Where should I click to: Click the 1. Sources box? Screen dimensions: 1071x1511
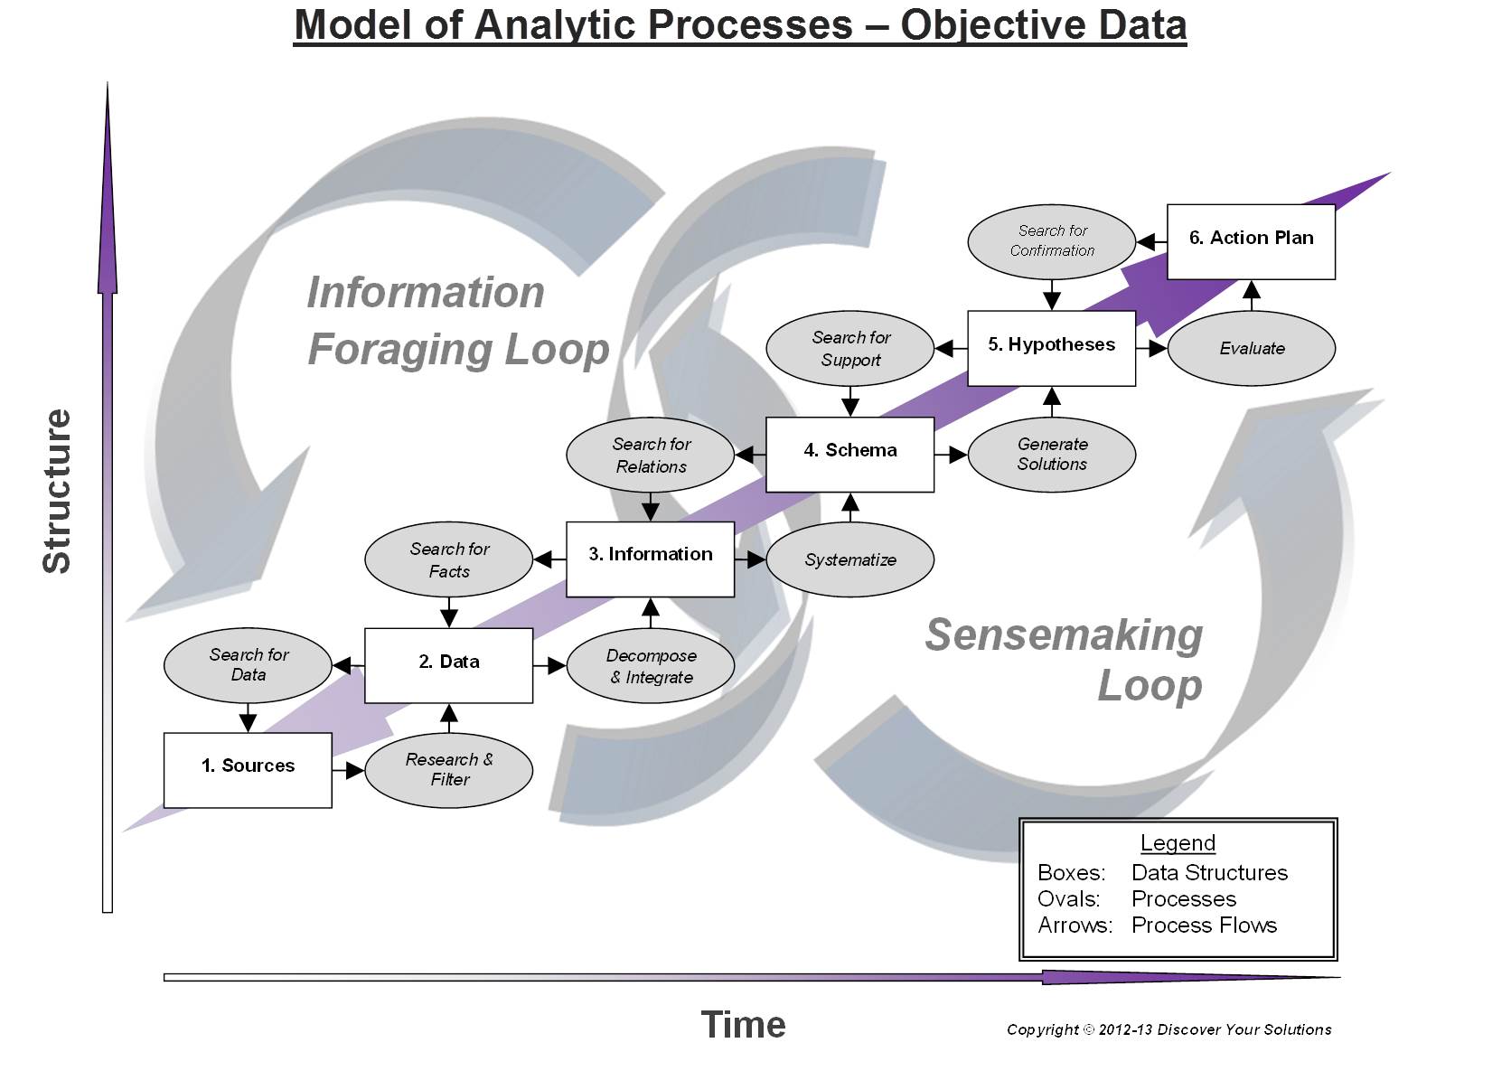248,769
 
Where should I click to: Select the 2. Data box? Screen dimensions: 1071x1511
448,665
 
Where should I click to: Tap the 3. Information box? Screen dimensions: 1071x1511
650,559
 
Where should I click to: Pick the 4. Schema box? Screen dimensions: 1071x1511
849,454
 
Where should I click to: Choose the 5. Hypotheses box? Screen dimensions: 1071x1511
1051,348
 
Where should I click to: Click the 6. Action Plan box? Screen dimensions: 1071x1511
1251,241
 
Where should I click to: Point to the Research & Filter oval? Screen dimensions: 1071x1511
448,770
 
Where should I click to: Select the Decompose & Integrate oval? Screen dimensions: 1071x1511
650,666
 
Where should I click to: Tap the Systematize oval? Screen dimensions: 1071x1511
849,559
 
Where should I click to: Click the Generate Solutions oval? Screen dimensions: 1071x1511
1051,454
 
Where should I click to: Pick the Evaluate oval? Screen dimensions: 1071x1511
1251,348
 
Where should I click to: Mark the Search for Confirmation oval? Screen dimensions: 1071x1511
1051,241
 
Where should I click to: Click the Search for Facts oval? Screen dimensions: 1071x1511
448,559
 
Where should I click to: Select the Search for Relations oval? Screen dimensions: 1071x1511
650,455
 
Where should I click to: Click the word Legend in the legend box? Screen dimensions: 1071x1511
1177,842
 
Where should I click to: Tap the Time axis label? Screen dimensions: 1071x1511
743,1025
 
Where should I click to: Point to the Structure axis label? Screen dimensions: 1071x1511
56,491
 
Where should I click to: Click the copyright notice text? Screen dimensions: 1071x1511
1168,1029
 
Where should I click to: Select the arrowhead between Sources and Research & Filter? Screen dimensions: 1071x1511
354,770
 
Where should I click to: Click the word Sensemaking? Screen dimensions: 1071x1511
1063,634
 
